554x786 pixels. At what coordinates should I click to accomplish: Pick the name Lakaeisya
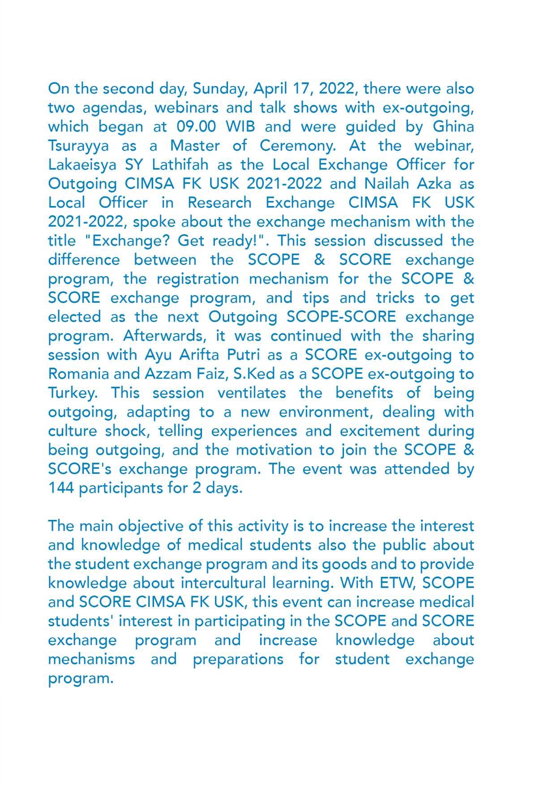point(82,165)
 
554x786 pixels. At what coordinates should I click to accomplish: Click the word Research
point(219,203)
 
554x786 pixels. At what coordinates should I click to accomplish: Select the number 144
point(61,488)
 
